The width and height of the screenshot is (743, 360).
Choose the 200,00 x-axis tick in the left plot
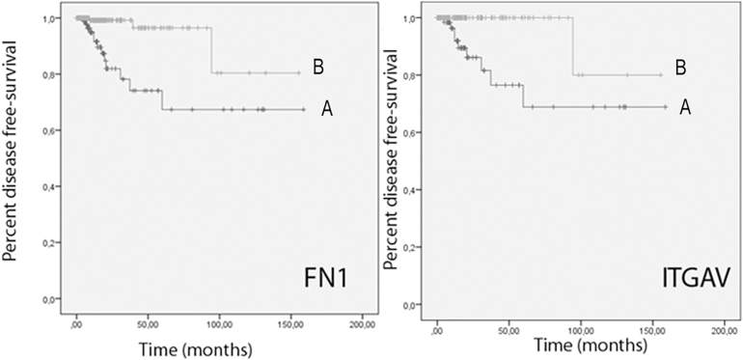(x=362, y=320)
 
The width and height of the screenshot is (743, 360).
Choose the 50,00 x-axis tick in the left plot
(x=148, y=320)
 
